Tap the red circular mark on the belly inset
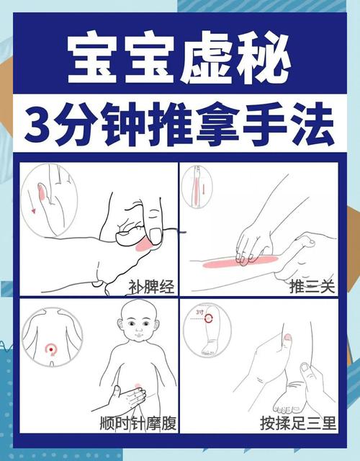click(50, 349)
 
